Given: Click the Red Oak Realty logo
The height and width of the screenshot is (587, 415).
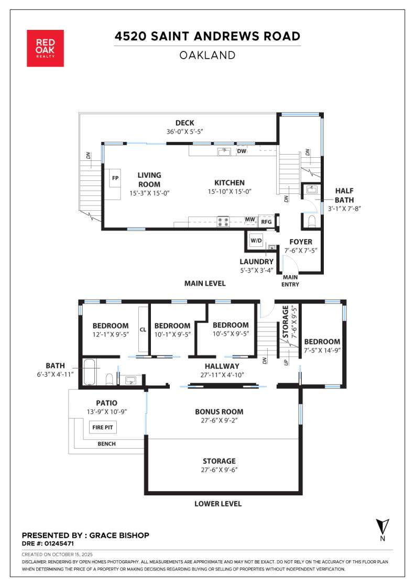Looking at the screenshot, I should click(45, 48).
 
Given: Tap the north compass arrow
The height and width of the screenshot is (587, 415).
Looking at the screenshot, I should click(383, 526).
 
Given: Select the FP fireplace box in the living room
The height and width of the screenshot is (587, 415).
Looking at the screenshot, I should click(115, 178).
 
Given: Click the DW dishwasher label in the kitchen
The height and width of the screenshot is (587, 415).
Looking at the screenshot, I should click(242, 151).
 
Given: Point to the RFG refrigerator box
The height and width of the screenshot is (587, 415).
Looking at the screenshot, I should click(266, 222).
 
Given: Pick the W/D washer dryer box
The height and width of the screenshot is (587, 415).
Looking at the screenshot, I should click(256, 241).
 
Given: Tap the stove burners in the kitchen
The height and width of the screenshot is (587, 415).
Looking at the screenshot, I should click(223, 222).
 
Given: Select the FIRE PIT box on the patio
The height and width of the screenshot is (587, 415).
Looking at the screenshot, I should click(103, 428).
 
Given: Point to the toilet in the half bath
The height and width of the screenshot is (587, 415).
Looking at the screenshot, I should click(312, 221).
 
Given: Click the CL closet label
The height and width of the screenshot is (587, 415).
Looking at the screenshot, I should click(143, 330).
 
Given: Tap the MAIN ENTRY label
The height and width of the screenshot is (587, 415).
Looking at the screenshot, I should click(291, 281).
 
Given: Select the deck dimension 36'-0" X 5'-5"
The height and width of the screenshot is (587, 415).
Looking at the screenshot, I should click(184, 132).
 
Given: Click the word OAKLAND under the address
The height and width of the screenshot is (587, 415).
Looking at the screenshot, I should click(207, 56).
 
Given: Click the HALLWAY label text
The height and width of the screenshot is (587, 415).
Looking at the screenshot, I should click(222, 366).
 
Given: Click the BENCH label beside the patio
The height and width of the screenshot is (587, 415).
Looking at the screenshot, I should click(106, 444).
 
